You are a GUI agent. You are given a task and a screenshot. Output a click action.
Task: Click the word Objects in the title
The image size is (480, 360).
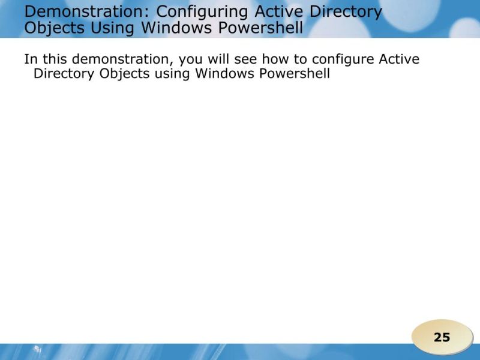pyautogui.click(x=55, y=28)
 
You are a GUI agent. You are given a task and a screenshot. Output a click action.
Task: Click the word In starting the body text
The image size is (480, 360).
pyautogui.click(x=29, y=59)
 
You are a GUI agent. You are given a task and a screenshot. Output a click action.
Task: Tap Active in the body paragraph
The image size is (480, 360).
pyautogui.click(x=399, y=59)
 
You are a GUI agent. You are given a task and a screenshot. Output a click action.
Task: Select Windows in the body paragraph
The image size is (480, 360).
pyautogui.click(x=224, y=74)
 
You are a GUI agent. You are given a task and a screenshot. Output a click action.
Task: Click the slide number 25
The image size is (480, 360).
pyautogui.click(x=442, y=337)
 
